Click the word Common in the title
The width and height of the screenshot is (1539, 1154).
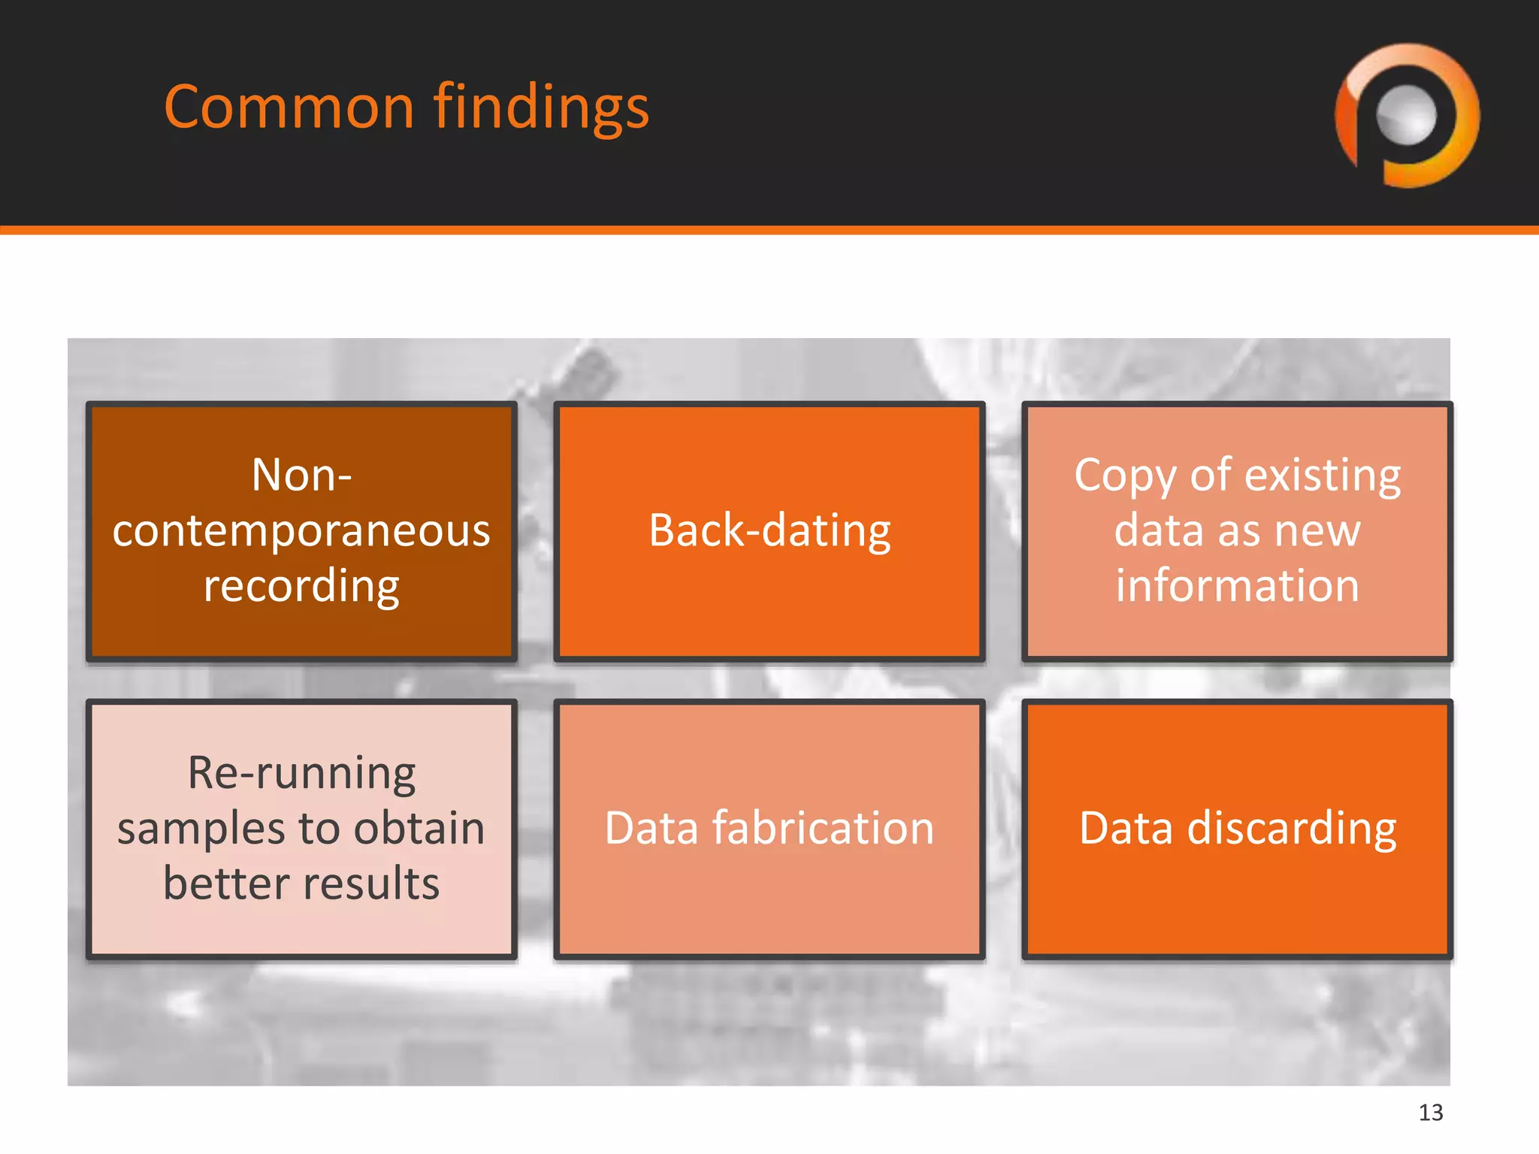(x=289, y=107)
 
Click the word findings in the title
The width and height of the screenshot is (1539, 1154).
(x=541, y=107)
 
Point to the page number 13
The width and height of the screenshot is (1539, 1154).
(x=1430, y=1112)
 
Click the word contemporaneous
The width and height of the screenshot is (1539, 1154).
(x=301, y=530)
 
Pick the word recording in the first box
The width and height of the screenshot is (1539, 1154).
(x=301, y=586)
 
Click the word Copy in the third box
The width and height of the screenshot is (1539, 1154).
(x=1125, y=476)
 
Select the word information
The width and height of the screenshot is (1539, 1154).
(x=1237, y=586)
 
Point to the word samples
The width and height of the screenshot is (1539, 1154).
(x=201, y=828)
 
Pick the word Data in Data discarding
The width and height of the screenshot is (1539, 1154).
(x=1126, y=828)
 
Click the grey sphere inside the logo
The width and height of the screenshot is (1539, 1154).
(x=1406, y=115)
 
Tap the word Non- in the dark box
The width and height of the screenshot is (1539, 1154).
(x=301, y=476)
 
